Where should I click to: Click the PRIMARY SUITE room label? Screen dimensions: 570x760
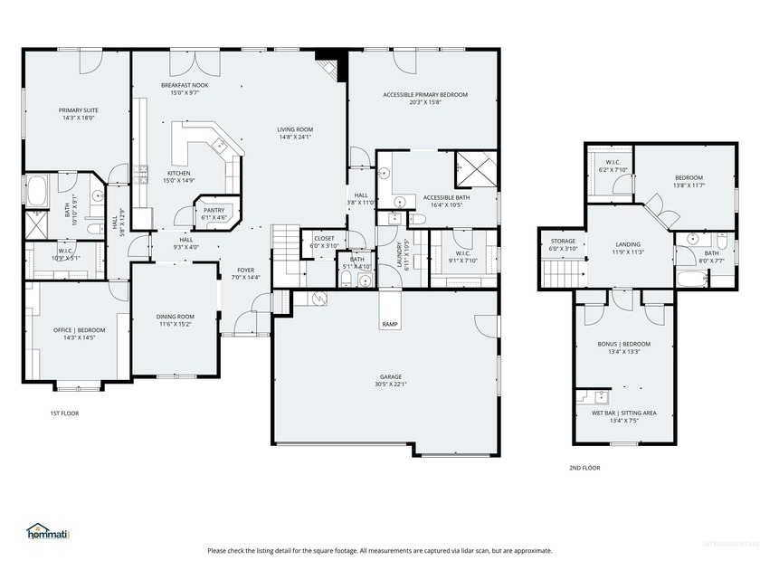[79, 110]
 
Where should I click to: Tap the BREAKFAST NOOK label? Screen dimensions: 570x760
[185, 84]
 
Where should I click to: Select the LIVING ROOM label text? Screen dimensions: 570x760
[295, 129]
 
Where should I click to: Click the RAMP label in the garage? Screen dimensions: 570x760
[389, 324]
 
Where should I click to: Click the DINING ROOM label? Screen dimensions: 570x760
[176, 316]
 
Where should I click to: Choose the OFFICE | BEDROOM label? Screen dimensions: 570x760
[79, 329]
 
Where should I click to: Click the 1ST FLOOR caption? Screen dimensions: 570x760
[64, 413]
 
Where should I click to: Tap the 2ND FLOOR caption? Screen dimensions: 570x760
[584, 468]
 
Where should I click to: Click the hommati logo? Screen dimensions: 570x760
[48, 533]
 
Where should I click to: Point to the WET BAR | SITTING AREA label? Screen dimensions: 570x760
[625, 413]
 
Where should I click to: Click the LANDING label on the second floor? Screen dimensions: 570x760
[628, 243]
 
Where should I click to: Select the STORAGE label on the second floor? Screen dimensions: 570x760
[563, 241]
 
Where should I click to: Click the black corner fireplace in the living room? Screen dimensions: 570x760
[330, 65]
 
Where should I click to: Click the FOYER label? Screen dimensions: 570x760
[246, 270]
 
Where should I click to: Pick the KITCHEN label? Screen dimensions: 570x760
[178, 173]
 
